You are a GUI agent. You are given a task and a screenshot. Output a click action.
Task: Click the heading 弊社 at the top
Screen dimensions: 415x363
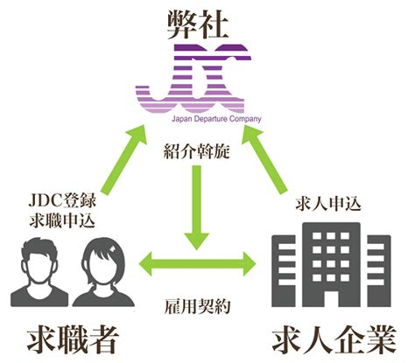198,25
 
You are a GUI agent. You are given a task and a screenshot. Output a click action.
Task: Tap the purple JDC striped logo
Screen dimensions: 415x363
193,79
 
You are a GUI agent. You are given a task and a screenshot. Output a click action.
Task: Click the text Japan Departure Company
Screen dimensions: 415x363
216,119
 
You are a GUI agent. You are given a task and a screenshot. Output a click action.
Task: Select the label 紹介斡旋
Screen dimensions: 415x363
197,152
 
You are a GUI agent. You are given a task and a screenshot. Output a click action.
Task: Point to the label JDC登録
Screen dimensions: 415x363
62,201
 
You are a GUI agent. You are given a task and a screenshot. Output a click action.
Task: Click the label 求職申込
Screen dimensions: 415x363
62,220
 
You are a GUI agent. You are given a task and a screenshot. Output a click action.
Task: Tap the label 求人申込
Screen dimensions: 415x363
328,204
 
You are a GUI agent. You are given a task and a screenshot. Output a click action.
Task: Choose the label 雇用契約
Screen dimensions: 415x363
197,306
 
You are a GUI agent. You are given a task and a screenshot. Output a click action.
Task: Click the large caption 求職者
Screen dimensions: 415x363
73,339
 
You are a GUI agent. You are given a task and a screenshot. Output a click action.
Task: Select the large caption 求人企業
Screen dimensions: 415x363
334,339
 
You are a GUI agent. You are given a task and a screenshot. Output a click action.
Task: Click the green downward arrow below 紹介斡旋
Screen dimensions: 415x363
197,207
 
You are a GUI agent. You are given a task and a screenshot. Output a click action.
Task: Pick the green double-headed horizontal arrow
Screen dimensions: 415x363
197,264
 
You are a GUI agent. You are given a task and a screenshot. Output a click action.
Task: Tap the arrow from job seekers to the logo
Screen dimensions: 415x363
124,159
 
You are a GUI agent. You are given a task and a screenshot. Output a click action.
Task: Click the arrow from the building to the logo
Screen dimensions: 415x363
264,159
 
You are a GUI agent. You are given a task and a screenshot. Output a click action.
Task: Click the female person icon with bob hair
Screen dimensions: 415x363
103,273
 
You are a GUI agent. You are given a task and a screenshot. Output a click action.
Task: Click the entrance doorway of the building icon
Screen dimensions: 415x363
331,298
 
